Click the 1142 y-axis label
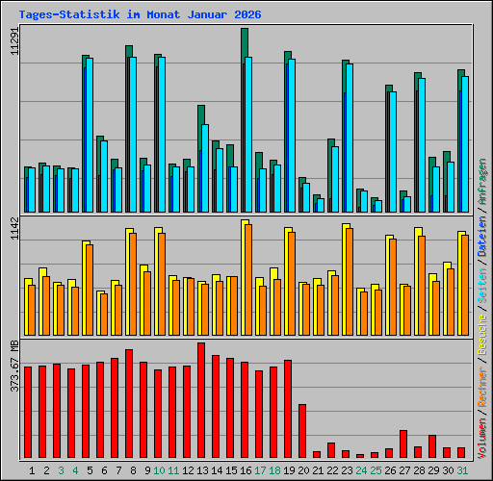pyautogui.click(x=13, y=235)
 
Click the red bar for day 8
pyautogui.click(x=129, y=403)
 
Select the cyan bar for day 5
pyautogui.click(x=90, y=135)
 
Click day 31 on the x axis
pyautogui.click(x=462, y=470)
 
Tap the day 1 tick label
pyautogui.click(x=32, y=470)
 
